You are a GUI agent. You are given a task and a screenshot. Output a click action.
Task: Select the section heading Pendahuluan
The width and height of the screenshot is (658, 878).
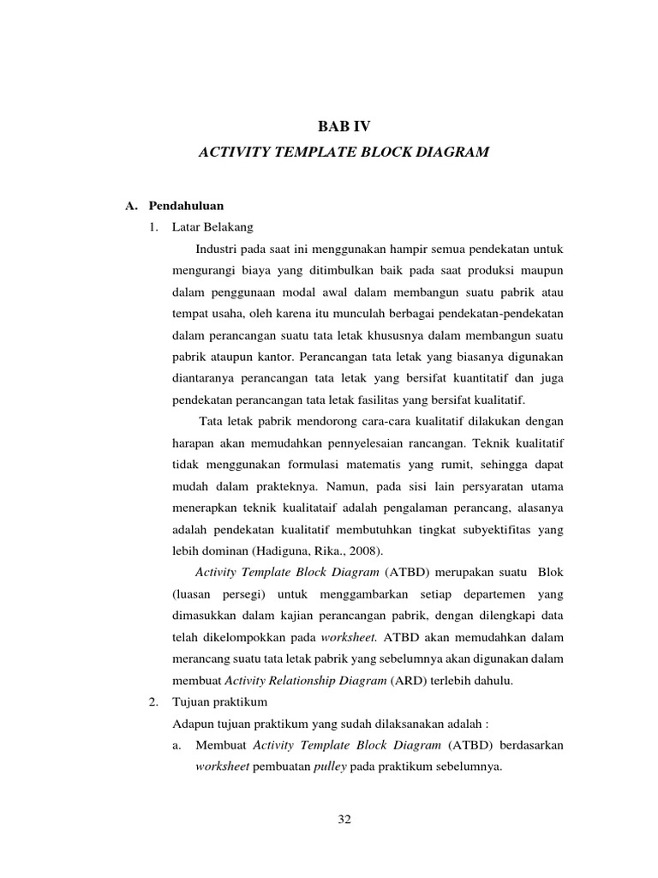(x=187, y=206)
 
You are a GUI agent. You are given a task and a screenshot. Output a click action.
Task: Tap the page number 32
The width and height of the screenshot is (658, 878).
(x=344, y=820)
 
